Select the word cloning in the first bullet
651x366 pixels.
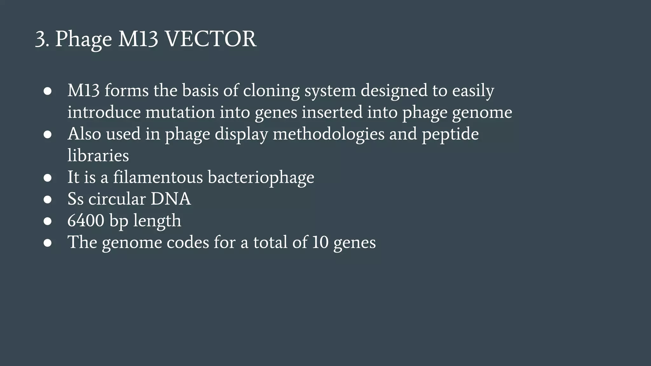pyautogui.click(x=271, y=91)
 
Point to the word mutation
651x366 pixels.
pyautogui.click(x=180, y=112)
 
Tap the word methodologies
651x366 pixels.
pyautogui.click(x=329, y=134)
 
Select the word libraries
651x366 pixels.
pyautogui.click(x=98, y=156)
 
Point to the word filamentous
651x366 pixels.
pyautogui.click(x=158, y=177)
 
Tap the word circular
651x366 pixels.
pyautogui.click(x=117, y=199)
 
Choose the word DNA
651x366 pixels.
pyautogui.click(x=171, y=199)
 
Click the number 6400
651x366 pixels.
pyautogui.click(x=86, y=221)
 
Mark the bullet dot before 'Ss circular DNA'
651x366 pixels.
pyautogui.click(x=48, y=200)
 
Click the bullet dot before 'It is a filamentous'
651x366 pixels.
pyautogui.click(x=48, y=178)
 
